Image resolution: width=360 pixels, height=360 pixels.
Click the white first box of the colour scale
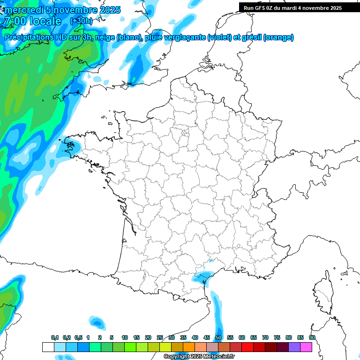(48, 347)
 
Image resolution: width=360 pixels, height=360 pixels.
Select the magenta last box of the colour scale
(307, 347)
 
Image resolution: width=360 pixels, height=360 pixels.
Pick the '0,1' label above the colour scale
(55, 337)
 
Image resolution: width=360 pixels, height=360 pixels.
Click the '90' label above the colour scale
(312, 337)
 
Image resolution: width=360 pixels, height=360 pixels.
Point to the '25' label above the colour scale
(160, 337)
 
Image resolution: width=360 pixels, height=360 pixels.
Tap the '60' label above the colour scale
(242, 337)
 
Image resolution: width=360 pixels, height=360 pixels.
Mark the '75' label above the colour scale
(277, 337)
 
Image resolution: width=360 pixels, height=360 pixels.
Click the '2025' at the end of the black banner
(335, 8)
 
